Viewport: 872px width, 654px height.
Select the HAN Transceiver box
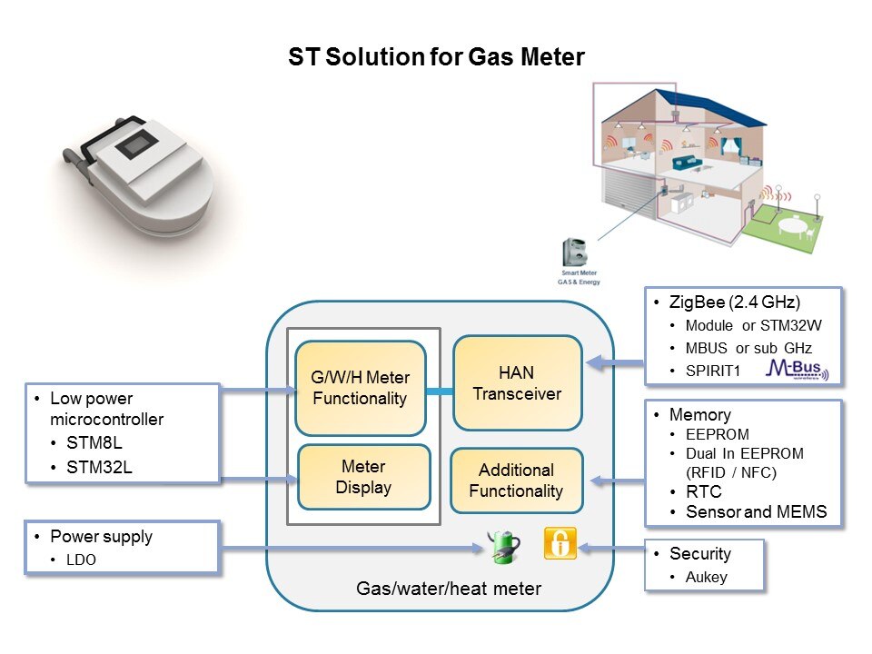pyautogui.click(x=517, y=383)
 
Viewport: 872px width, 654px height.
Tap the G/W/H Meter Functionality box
pyautogui.click(x=360, y=388)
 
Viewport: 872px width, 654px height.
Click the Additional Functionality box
pyautogui.click(x=516, y=481)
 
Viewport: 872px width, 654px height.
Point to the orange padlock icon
pyautogui.click(x=560, y=543)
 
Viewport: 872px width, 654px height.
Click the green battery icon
pyautogui.click(x=503, y=546)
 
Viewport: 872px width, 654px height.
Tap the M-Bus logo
pyautogui.click(x=796, y=368)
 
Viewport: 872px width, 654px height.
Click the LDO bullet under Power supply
pyautogui.click(x=82, y=560)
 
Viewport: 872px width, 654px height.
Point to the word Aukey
pyautogui.click(x=707, y=577)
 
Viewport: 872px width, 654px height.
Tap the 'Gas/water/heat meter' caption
pyautogui.click(x=449, y=589)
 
